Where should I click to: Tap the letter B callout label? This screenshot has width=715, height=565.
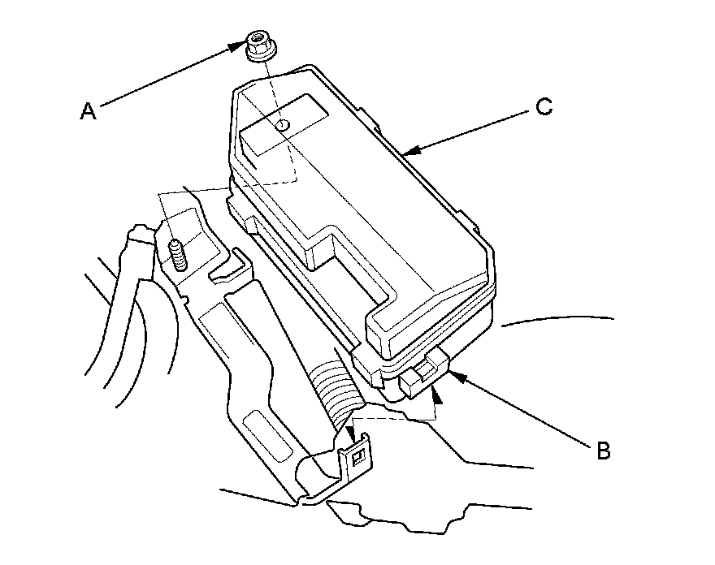(603, 451)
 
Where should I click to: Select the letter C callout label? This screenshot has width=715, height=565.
(544, 106)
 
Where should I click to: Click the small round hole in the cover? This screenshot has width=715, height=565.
(281, 125)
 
